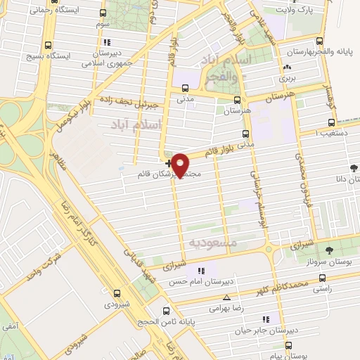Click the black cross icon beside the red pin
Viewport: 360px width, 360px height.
[167, 163]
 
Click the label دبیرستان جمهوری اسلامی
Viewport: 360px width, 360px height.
[110, 57]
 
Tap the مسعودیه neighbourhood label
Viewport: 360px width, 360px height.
[214, 243]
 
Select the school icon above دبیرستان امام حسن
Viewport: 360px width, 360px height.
[201, 270]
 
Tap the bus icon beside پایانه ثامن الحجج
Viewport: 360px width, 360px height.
[165, 311]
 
